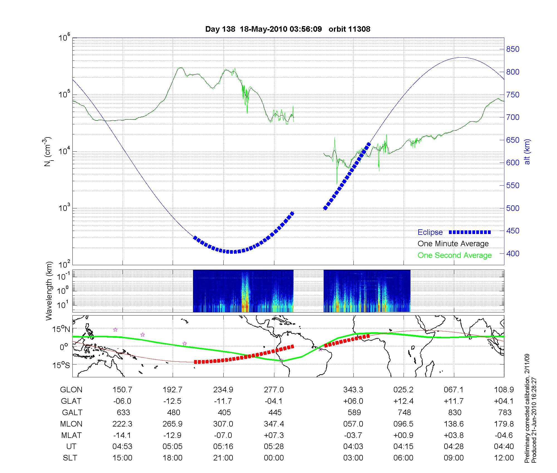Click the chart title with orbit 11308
(x=288, y=29)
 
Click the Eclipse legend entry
(x=430, y=232)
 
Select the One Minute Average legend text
(x=453, y=244)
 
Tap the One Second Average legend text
(x=455, y=255)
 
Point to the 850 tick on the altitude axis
(x=513, y=49)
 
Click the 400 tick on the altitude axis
(x=513, y=254)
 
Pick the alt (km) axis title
(x=527, y=152)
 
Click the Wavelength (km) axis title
(x=50, y=291)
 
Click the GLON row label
(x=71, y=390)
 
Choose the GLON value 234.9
(x=223, y=390)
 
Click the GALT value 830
(x=455, y=412)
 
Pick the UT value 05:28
(x=274, y=447)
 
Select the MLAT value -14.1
(x=122, y=435)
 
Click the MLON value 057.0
(x=353, y=424)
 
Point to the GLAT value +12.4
(x=403, y=401)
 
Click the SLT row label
(x=70, y=458)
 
